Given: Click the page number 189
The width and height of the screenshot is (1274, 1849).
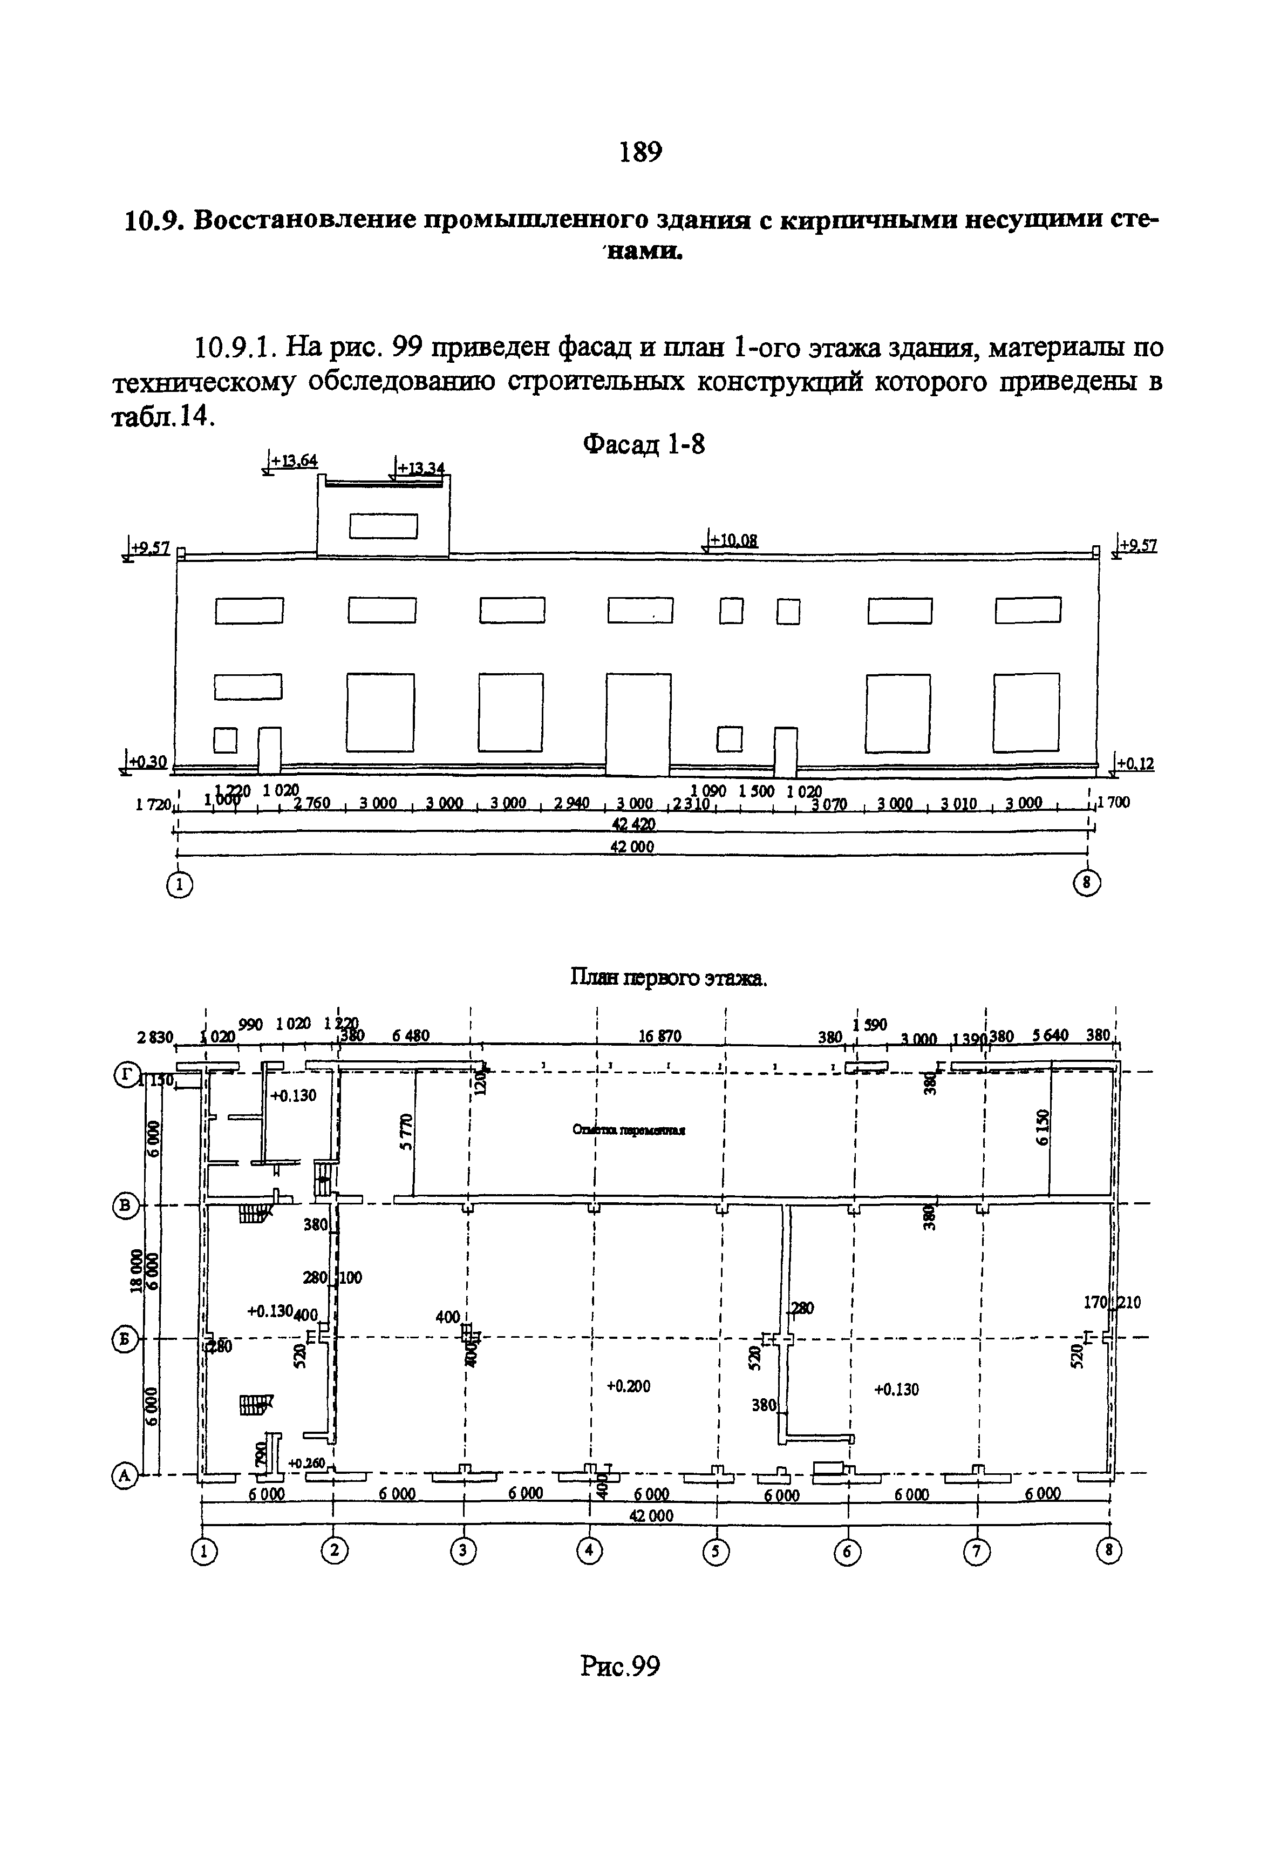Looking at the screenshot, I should tap(640, 151).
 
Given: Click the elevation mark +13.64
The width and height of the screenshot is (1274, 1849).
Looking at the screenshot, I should tap(293, 461).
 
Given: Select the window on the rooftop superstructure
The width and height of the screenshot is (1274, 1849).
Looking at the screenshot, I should tap(383, 525).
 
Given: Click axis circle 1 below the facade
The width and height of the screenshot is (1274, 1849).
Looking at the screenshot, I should tap(180, 884).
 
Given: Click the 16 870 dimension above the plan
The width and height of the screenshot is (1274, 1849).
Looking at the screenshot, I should tap(659, 1036).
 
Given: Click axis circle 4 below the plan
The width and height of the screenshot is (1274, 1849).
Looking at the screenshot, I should tap(590, 1549).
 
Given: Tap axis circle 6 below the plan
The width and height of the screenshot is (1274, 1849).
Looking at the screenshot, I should tap(847, 1551).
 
